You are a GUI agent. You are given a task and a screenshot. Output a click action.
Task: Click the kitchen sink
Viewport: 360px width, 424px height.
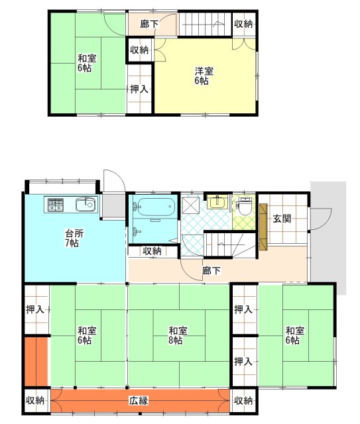pyautogui.click(x=86, y=205)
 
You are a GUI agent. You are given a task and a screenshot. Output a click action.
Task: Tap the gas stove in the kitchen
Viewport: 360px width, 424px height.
pyautogui.click(x=56, y=205)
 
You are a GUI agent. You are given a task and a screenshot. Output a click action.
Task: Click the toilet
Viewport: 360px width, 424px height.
pyautogui.click(x=245, y=206)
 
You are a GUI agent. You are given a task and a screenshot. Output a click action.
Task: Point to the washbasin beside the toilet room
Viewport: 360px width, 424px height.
pyautogui.click(x=217, y=202)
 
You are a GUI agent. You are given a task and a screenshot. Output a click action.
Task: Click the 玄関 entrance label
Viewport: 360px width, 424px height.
pyautogui.click(x=282, y=219)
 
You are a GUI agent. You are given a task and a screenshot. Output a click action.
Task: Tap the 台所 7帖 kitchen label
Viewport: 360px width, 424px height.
pyautogui.click(x=74, y=238)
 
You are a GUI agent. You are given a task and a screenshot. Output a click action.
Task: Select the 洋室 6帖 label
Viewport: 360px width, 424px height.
pyautogui.click(x=204, y=76)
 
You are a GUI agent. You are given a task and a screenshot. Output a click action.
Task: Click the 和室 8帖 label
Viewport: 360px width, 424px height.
pyautogui.click(x=178, y=335)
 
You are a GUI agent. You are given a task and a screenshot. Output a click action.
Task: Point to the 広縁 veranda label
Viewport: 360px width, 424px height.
pyautogui.click(x=139, y=400)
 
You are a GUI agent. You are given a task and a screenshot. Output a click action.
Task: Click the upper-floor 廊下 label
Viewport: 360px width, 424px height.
pyautogui.click(x=149, y=24)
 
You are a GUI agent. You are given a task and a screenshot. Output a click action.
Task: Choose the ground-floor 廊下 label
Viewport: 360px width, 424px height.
pyautogui.click(x=211, y=270)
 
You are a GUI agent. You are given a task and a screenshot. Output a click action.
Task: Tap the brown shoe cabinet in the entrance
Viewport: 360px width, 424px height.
pyautogui.click(x=263, y=227)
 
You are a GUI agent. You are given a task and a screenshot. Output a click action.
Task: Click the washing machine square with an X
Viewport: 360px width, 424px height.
pyautogui.click(x=191, y=205)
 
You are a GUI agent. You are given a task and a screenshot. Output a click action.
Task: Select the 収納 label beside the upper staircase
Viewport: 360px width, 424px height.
pyautogui.click(x=243, y=24)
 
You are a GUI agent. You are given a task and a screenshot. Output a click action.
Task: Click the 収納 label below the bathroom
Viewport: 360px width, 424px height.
pyautogui.click(x=152, y=251)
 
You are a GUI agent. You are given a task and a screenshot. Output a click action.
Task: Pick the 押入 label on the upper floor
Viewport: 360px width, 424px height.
pyautogui.click(x=139, y=89)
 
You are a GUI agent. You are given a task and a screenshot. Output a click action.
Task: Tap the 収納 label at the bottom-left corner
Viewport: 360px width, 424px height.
pyautogui.click(x=35, y=400)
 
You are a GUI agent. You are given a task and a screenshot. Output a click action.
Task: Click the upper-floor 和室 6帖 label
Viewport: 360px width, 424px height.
pyautogui.click(x=87, y=63)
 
